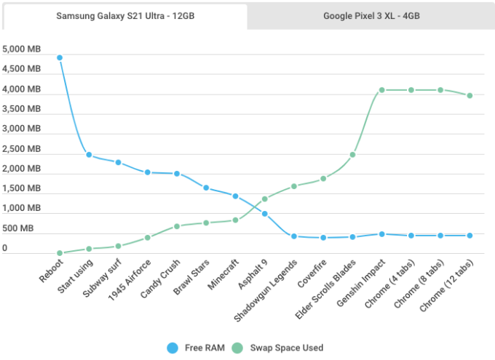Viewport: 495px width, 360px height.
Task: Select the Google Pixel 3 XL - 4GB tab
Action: point(371,16)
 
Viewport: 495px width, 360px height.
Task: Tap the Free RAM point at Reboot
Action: point(60,57)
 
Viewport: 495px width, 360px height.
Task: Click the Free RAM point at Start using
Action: point(89,155)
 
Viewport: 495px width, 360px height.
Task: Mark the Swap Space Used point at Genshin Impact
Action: point(381,90)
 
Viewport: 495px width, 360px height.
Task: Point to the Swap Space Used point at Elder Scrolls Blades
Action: point(352,155)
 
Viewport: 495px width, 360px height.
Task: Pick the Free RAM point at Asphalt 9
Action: point(264,214)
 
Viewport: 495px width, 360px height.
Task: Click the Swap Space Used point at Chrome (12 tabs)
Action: point(470,95)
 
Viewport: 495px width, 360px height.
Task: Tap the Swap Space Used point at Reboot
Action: point(60,253)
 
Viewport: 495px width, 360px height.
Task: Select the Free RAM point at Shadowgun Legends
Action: point(294,236)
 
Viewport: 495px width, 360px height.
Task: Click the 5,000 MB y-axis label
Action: point(22,50)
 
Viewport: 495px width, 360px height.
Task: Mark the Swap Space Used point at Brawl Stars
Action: point(206,223)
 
